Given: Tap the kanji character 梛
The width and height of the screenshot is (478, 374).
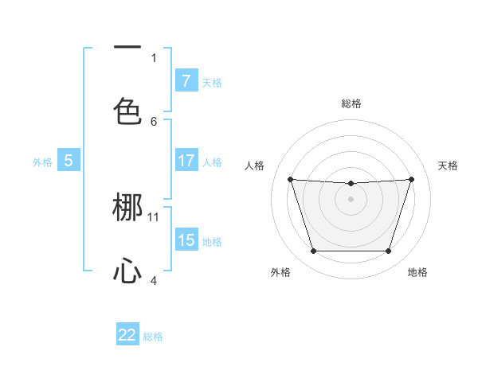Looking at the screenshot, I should pos(127,208).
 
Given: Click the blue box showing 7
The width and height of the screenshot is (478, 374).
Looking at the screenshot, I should pos(186,81).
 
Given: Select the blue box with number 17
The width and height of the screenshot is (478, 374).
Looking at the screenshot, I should pos(186,161).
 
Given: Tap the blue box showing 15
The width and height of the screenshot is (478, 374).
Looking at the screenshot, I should pos(186,240).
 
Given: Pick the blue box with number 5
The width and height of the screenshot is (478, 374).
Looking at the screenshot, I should pos(69,161).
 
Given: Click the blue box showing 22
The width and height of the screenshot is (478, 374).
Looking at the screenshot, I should pos(127,335).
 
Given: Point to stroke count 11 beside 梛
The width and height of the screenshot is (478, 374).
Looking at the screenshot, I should pos(154,216).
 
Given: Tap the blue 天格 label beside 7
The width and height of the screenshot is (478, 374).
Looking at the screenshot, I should pos(212,82).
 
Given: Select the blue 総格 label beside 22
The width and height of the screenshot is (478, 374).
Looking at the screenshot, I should pos(154,337).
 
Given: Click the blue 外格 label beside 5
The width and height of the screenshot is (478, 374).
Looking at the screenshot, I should pos(42,162).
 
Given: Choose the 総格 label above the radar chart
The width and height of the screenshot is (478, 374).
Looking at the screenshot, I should pos(351,103).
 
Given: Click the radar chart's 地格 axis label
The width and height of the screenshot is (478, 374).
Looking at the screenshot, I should pos(417,272).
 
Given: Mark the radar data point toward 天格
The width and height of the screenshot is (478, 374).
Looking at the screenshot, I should pos(411,179).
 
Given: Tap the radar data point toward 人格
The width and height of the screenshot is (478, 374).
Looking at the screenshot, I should pos(290,179).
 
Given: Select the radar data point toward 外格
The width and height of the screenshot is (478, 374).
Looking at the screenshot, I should pos(313,251).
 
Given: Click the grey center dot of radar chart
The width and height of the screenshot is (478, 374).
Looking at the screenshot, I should pos(351,199).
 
